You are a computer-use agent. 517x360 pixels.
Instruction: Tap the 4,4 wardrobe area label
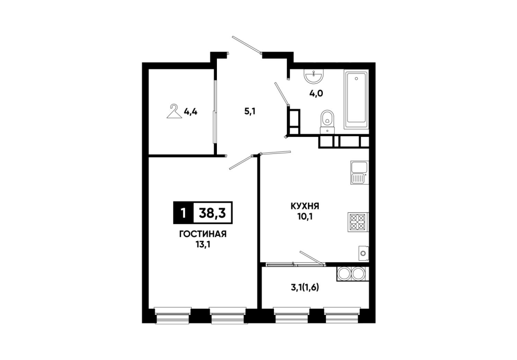click(191, 112)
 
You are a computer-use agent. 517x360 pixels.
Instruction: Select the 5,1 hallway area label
click(250, 111)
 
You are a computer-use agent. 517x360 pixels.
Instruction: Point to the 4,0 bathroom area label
click(316, 94)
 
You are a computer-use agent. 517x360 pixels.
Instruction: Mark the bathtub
click(356, 99)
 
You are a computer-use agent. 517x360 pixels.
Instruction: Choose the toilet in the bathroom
click(327, 122)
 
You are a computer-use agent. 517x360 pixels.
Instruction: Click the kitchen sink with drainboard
click(359, 173)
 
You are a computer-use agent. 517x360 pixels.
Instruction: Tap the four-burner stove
click(358, 222)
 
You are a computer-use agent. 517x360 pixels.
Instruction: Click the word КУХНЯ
click(305, 207)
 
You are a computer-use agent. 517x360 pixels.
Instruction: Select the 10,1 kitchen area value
click(305, 217)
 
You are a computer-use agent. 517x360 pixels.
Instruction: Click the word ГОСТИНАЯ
click(203, 235)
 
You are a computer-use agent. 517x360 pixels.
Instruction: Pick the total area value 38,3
click(212, 213)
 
